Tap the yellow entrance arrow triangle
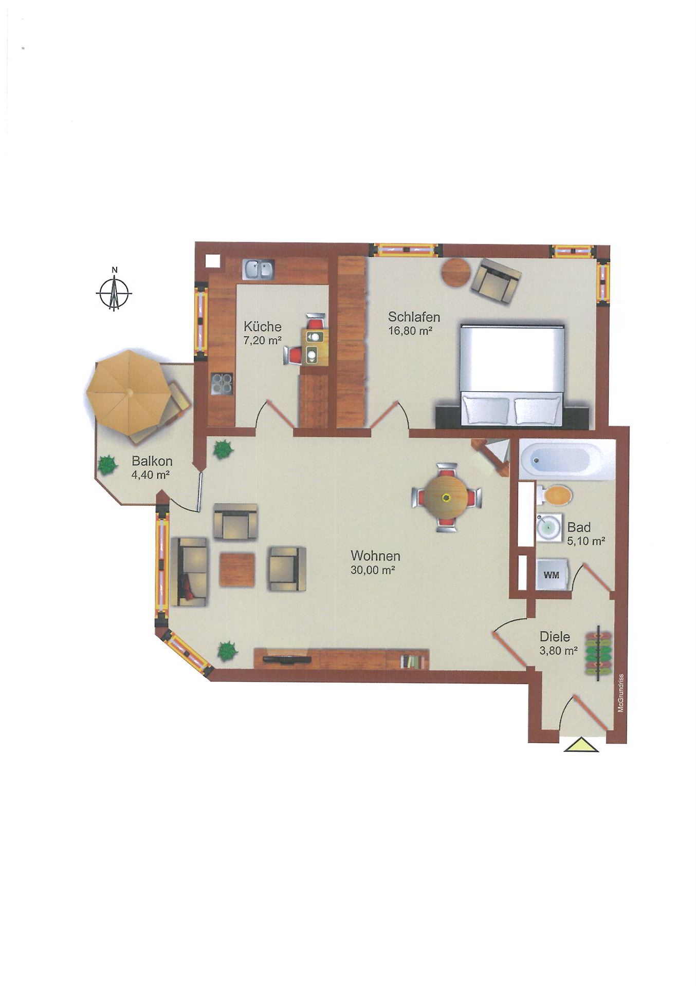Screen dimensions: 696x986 tap(581, 745)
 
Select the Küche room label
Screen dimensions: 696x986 tap(262, 327)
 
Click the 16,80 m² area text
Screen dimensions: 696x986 tap(410, 331)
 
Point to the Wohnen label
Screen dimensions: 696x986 tap(375, 556)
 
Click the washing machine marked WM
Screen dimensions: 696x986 tap(551, 575)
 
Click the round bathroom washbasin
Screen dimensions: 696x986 tap(548, 526)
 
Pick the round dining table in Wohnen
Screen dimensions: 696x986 tap(446, 497)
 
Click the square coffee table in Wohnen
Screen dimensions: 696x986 tap(237, 569)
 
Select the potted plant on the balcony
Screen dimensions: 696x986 tap(107, 465)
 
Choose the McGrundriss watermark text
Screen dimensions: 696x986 tap(620, 692)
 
